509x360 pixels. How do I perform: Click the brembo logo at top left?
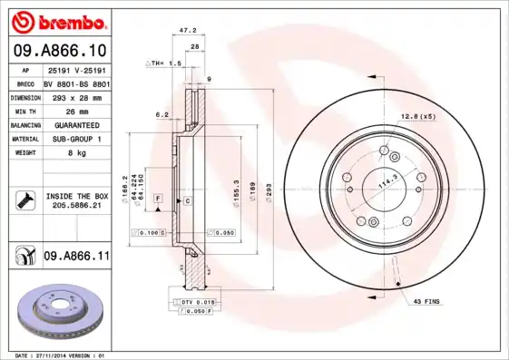pos(58,21)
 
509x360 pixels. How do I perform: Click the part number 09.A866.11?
pos(76,257)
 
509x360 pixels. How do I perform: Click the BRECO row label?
pos(25,83)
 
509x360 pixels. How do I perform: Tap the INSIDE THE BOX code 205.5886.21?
pos(75,207)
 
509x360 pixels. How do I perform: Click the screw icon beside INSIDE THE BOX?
pos(25,200)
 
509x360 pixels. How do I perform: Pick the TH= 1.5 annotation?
pos(166,64)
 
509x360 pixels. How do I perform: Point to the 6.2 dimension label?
pos(162,114)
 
